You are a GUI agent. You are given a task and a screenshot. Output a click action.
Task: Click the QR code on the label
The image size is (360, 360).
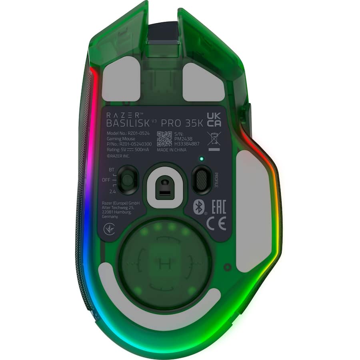point(164,138)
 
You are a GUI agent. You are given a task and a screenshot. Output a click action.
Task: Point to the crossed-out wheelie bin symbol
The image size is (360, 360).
point(214,138)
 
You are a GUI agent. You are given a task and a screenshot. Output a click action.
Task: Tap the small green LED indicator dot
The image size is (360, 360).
point(202,159)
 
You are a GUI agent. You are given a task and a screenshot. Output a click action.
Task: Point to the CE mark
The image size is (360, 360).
point(216,223)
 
